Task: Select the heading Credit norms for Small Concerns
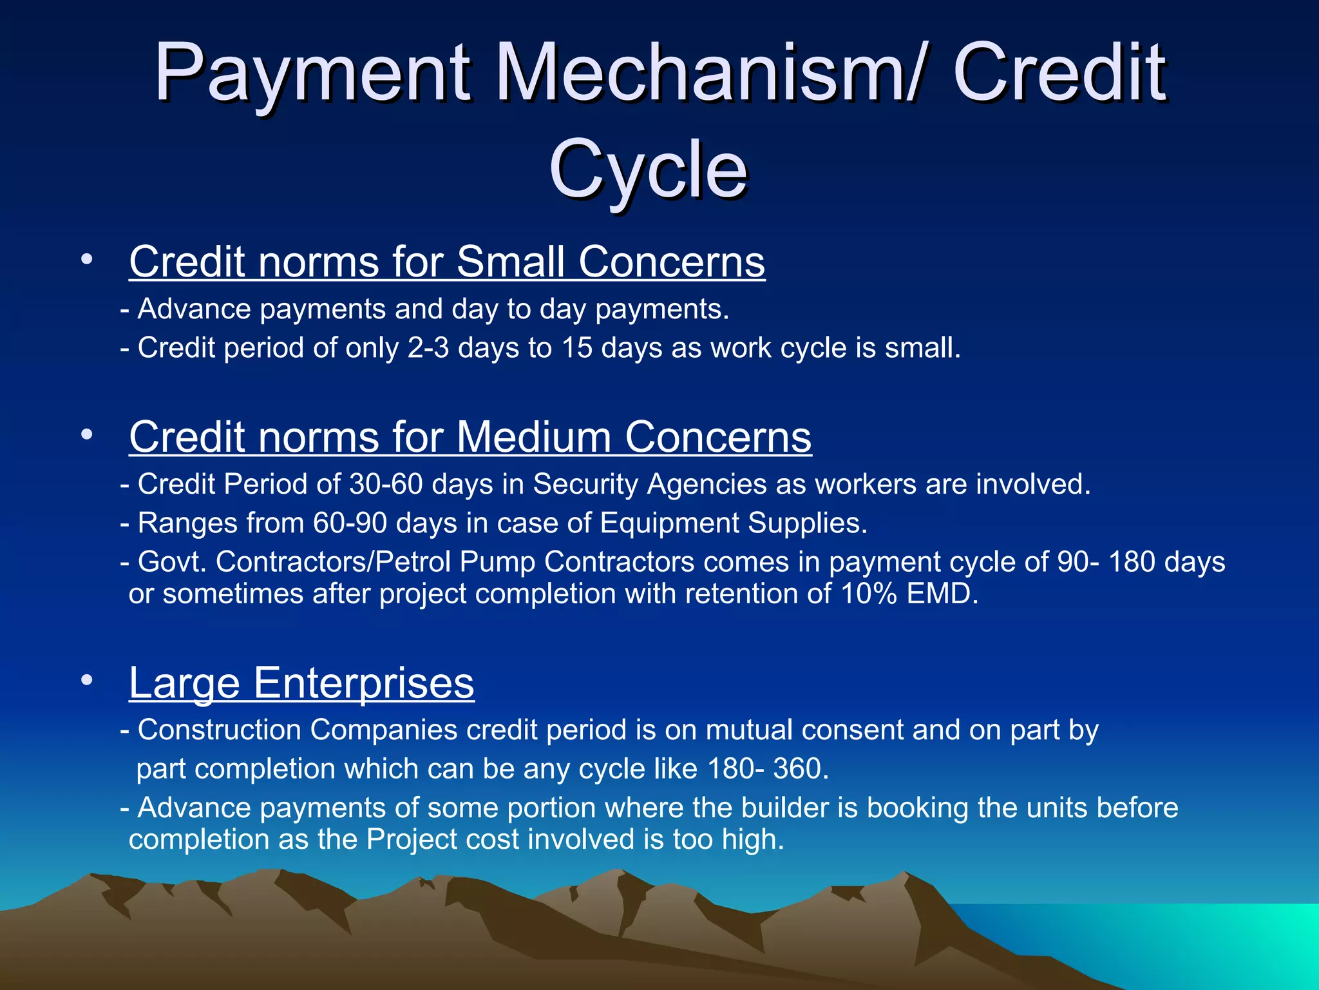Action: click(447, 262)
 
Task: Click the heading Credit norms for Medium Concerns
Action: click(470, 437)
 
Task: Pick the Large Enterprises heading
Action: click(301, 683)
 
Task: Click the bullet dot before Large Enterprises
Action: click(87, 679)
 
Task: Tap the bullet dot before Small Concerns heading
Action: click(87, 260)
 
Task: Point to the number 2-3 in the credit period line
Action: click(428, 348)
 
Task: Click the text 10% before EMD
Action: click(869, 594)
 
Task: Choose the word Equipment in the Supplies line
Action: click(669, 523)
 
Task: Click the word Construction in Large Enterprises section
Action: click(220, 730)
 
